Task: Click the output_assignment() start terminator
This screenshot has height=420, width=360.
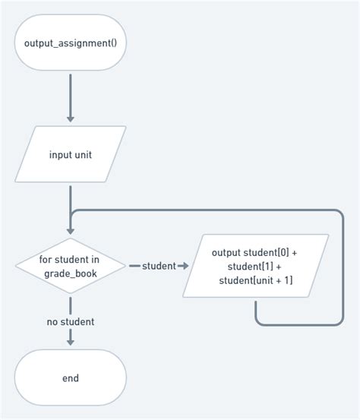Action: pos(71,43)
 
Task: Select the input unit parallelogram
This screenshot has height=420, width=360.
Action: pos(71,154)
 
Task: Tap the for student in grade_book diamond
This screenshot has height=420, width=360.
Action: pos(70,266)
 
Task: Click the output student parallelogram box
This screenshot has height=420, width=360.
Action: pos(256,266)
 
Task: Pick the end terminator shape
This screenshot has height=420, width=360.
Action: pos(71,377)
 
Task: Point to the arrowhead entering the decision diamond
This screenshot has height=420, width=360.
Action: pos(71,229)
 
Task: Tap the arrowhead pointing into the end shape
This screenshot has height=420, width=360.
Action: pos(71,341)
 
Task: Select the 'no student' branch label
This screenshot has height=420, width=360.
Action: pos(71,321)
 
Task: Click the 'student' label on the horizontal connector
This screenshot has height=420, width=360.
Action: pos(158,266)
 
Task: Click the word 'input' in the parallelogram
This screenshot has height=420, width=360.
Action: pos(60,155)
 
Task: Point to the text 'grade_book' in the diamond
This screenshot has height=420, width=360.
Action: pos(70,273)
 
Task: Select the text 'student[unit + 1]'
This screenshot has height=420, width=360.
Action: pos(256,281)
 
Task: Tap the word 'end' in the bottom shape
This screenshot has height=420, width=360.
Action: pos(71,377)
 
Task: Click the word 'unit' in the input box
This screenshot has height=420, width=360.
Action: pos(83,155)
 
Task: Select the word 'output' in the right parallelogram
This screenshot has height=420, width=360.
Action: pos(226,252)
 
